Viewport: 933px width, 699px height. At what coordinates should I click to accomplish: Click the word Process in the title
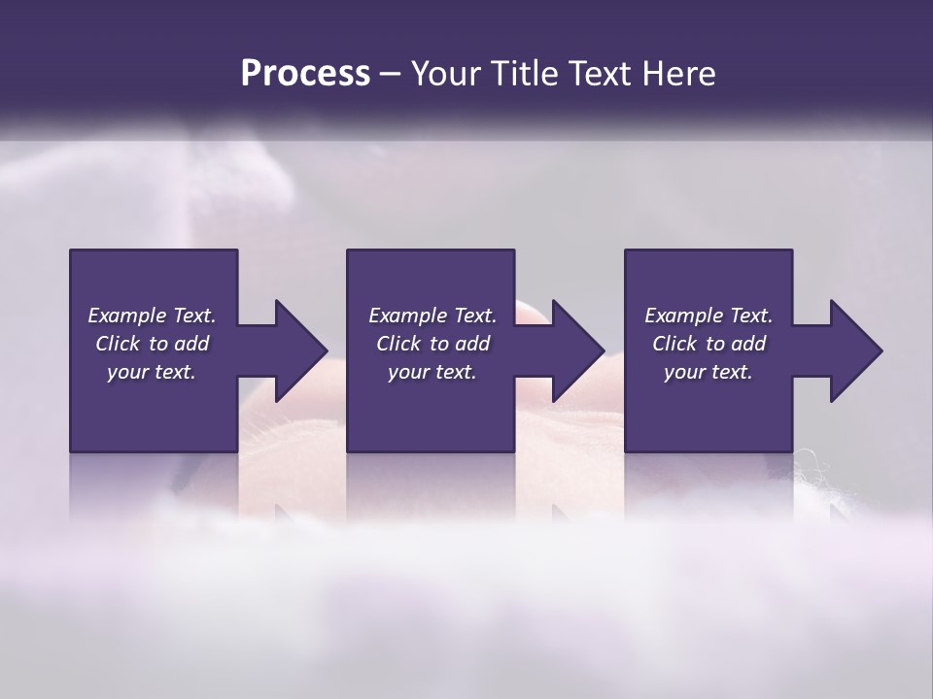(305, 74)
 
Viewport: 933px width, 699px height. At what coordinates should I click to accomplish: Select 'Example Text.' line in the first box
(152, 316)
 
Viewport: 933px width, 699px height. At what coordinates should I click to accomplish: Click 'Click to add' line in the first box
(152, 344)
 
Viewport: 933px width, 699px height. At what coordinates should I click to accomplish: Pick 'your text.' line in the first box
(152, 372)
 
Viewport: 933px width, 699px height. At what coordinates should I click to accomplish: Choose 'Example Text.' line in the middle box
(432, 316)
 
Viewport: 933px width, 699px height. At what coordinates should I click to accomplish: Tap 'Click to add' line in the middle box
(432, 344)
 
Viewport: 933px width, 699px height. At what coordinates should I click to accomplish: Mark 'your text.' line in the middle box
(432, 372)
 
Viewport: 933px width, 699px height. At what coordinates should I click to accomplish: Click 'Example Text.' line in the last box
(708, 316)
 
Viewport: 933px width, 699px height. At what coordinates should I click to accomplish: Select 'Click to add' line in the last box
(708, 344)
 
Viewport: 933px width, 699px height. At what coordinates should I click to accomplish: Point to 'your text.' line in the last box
(708, 372)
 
